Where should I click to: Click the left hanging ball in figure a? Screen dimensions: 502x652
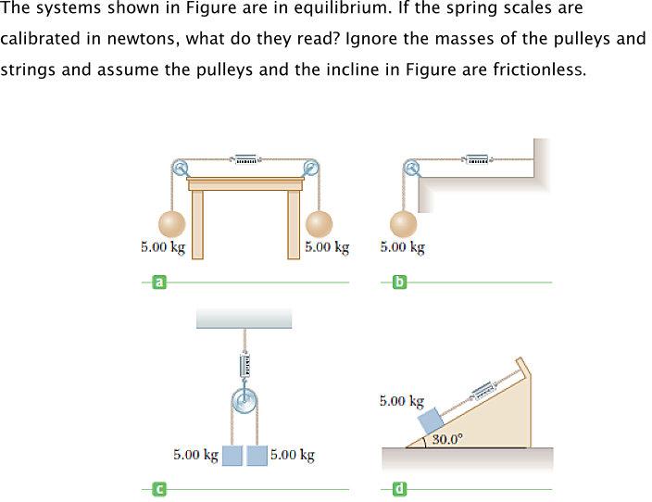tap(172, 224)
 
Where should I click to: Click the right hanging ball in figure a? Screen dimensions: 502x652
tap(319, 224)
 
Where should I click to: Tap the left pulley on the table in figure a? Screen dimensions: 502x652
tap(180, 168)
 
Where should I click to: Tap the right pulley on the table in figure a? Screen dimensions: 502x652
tap(311, 168)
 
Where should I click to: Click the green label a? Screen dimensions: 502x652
tap(158, 282)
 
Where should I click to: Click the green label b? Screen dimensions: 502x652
tap(399, 282)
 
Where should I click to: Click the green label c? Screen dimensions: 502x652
tap(158, 488)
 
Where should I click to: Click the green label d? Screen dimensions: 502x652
tap(399, 488)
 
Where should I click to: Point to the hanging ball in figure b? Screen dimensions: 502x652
tap(402, 224)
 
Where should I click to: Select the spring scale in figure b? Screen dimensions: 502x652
tap(477, 160)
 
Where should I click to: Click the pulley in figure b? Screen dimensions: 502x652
tap(410, 168)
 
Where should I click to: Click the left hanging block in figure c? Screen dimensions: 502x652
tap(232, 456)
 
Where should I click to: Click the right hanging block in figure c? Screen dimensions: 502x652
tap(257, 456)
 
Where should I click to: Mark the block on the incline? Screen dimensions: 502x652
tap(432, 418)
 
